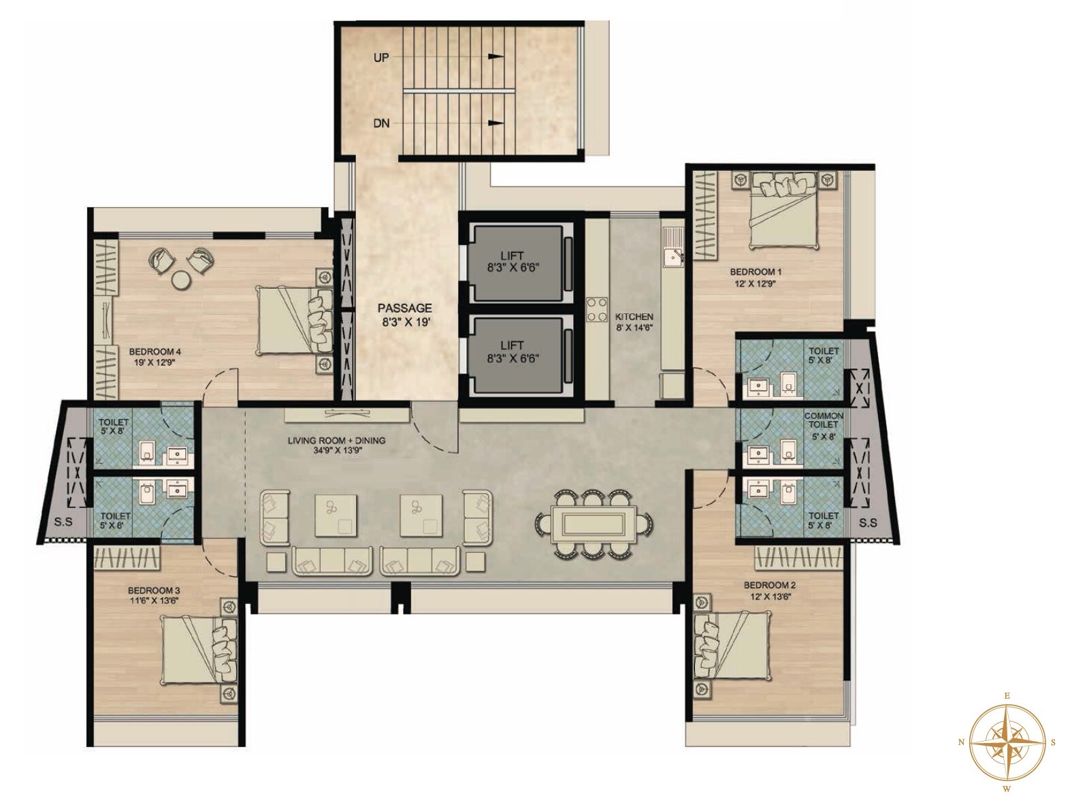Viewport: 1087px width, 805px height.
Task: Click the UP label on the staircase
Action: point(381,58)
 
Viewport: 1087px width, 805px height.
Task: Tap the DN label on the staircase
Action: point(381,123)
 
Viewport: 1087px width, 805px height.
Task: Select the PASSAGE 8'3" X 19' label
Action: point(406,315)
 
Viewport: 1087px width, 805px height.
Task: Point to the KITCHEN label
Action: point(634,317)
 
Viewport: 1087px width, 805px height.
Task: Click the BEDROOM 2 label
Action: point(769,585)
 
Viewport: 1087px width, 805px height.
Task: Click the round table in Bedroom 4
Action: point(181,280)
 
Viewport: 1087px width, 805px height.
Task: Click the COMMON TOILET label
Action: point(823,420)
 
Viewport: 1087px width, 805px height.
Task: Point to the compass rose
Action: point(1007,742)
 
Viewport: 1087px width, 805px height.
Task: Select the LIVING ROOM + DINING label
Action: point(336,441)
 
